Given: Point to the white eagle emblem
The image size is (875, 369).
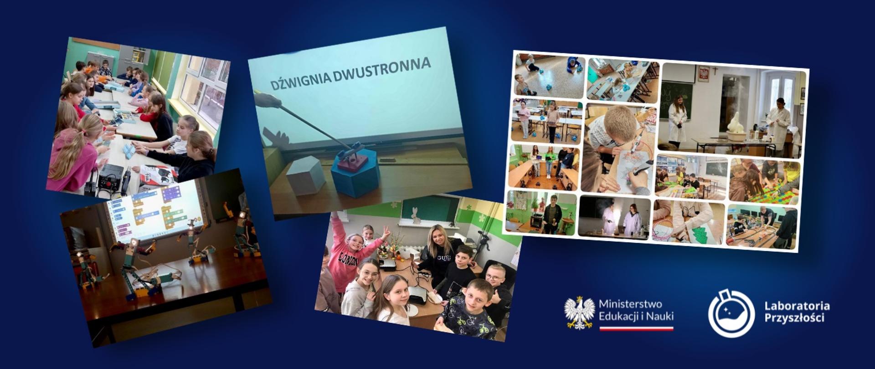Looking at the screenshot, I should (579, 312).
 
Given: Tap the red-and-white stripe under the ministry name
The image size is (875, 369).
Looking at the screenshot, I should (636, 328).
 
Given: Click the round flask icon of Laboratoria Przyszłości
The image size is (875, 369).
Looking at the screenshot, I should (731, 314).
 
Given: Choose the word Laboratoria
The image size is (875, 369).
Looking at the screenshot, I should (797, 306).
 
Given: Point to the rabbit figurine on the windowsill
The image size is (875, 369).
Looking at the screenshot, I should (415, 215).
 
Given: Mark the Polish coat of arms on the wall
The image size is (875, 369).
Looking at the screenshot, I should (704, 73).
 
